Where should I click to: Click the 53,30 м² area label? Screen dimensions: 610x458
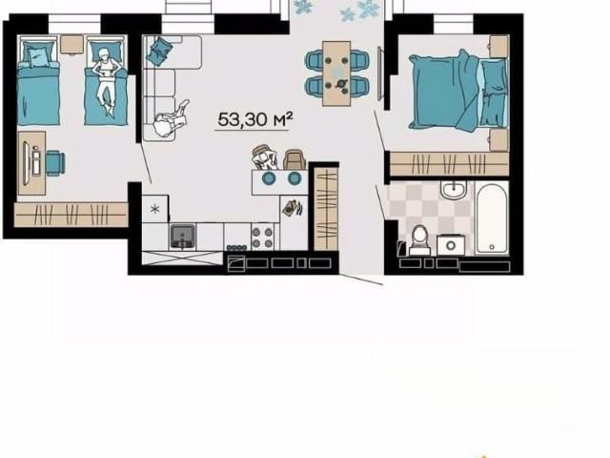pos(254,119)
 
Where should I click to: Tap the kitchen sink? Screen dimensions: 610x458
pos(182,237)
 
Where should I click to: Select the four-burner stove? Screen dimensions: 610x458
pos(262,238)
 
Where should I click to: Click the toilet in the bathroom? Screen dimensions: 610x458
pos(419,240)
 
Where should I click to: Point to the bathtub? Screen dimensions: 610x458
pos(492,219)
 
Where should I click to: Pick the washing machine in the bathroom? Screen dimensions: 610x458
pos(451,245)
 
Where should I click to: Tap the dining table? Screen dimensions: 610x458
pos(336,73)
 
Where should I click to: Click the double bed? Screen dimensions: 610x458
pos(458,93)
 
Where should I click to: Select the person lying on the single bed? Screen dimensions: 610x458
pos(105,80)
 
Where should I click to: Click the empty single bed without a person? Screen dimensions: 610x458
pos(38,81)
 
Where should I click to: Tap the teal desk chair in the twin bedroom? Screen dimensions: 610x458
pos(55,163)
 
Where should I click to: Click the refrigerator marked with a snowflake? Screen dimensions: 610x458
pos(155,208)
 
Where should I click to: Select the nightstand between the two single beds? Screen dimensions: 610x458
pos(72,45)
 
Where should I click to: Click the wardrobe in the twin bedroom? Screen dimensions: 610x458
pos(71,214)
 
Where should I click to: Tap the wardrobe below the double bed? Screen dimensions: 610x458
pos(449,164)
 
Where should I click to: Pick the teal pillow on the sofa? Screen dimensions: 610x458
pos(159,51)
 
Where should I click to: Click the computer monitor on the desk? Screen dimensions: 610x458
pos(26,163)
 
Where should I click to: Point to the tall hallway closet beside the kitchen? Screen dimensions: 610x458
pos(326,208)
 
